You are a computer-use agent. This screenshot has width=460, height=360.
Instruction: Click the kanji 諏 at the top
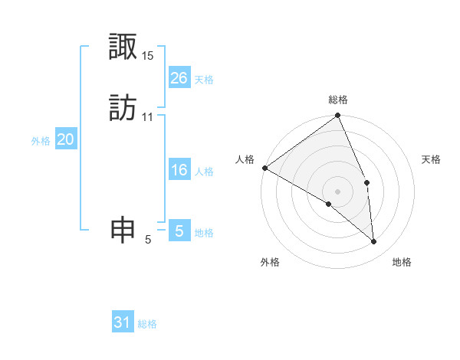123,47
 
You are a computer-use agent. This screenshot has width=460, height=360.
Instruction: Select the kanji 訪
123,107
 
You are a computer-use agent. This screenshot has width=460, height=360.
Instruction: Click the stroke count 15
148,56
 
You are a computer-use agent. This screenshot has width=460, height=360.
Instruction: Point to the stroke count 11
148,116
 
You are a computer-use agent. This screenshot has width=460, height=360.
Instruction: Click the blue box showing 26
179,78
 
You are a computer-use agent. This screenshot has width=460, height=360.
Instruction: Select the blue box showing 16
179,170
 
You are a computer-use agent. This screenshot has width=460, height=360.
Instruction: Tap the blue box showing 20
66,139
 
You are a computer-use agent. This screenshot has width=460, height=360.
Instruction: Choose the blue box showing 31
123,322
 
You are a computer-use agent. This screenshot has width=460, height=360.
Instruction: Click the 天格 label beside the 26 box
204,80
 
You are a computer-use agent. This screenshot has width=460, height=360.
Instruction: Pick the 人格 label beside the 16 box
204,172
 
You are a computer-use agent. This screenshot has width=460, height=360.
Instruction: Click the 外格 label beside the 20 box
41,141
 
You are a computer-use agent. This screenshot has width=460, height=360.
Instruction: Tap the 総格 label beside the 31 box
147,324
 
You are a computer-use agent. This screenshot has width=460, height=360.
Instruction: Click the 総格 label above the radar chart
338,100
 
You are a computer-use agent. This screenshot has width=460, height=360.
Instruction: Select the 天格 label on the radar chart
431,159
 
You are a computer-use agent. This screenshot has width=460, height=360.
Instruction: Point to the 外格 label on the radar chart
270,263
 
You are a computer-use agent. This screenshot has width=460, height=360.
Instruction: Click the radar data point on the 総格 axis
338,116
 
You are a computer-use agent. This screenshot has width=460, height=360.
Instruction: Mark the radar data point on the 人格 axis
264,168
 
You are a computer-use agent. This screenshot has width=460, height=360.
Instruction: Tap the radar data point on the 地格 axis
374,241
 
